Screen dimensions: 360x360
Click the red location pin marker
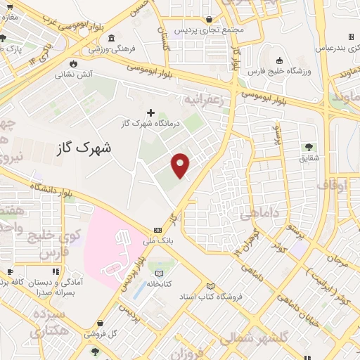[181, 166]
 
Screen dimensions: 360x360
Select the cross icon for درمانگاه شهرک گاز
[151, 112]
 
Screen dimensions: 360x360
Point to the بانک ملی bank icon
[157, 230]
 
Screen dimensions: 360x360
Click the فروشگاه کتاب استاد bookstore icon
[210, 285]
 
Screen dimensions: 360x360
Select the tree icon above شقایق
[309, 147]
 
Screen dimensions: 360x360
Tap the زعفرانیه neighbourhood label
[203, 99]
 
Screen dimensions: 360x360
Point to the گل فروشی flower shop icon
[95, 332]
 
